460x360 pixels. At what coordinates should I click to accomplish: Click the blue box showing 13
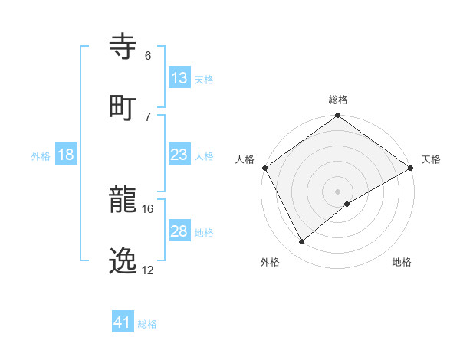coord(179,78)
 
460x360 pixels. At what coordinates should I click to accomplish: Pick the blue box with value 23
coord(179,155)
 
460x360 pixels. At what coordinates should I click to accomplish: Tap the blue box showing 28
coord(179,231)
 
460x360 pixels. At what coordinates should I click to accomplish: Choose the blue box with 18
coord(66,155)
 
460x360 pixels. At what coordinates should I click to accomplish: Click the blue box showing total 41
coord(123,322)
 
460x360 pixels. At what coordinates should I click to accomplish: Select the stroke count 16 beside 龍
coord(148,208)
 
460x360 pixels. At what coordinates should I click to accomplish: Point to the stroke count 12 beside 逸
coord(148,270)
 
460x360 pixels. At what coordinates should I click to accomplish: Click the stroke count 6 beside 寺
coord(148,56)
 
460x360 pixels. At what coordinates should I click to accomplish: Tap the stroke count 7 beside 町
coord(148,116)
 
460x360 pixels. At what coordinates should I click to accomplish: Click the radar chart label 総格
coord(338,100)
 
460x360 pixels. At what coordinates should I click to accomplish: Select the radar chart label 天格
coord(431,159)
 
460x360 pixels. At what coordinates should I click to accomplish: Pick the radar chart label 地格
coord(402,262)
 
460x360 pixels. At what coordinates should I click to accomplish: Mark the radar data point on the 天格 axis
coord(411,168)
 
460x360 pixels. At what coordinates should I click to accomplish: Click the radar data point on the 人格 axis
coord(264,168)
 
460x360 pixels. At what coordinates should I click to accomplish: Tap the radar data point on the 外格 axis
coord(302,241)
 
